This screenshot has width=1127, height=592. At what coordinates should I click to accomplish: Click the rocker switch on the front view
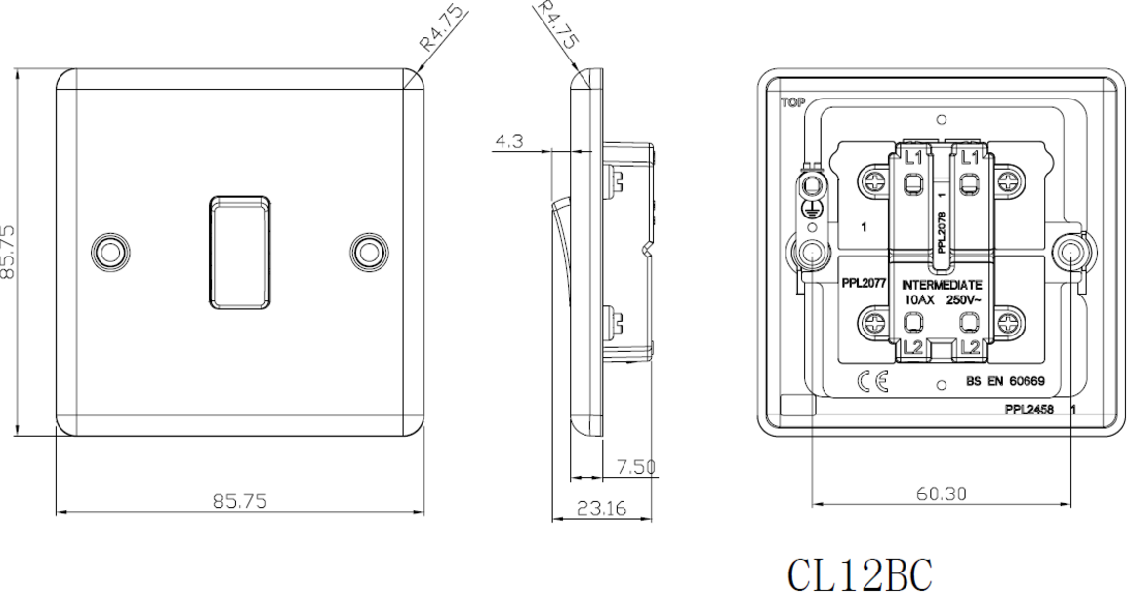(240, 252)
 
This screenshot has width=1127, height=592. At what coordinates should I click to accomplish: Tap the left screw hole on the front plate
(110, 253)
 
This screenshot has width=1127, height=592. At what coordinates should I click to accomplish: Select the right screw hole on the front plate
(370, 253)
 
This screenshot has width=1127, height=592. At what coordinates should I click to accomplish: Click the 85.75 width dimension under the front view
(240, 500)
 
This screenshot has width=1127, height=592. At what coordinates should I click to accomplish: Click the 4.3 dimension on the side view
(509, 141)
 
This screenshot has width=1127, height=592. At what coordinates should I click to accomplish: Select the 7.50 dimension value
(636, 468)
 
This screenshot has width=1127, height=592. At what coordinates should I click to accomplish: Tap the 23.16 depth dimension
(602, 509)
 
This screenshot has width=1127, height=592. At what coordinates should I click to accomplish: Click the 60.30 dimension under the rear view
(941, 493)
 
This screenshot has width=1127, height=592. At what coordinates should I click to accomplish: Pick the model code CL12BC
(861, 574)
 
